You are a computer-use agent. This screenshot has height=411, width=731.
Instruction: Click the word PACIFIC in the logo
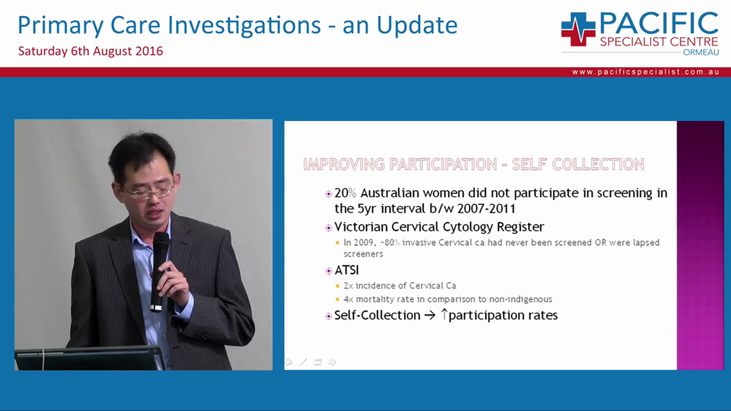click(x=658, y=23)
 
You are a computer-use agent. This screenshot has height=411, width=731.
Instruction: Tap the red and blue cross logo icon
click(x=578, y=29)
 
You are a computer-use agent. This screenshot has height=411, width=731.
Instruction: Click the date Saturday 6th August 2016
click(x=90, y=51)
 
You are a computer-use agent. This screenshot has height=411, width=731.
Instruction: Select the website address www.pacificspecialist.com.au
click(x=645, y=72)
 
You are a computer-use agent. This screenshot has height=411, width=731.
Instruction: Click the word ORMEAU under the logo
click(x=701, y=53)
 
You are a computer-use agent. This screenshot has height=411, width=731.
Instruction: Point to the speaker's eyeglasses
click(x=147, y=191)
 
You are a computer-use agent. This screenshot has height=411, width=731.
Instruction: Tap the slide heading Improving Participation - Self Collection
click(x=473, y=164)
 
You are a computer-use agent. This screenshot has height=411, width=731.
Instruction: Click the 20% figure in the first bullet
click(x=346, y=193)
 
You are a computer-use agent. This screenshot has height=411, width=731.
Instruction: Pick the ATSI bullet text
click(x=347, y=270)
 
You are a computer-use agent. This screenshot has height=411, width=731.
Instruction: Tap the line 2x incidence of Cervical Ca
click(x=400, y=285)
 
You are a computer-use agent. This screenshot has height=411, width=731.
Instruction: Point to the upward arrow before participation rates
click(x=444, y=314)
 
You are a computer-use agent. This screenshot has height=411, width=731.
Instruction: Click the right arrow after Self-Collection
click(x=429, y=315)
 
